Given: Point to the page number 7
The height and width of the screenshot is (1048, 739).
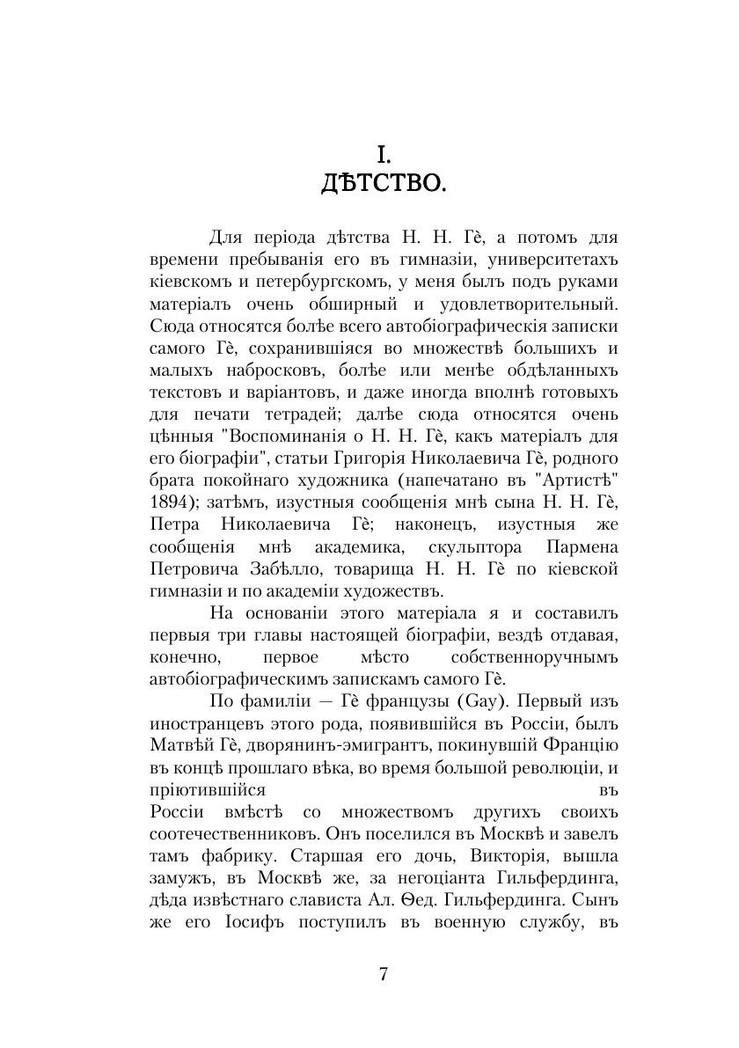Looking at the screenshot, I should pyautogui.click(x=384, y=974).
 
